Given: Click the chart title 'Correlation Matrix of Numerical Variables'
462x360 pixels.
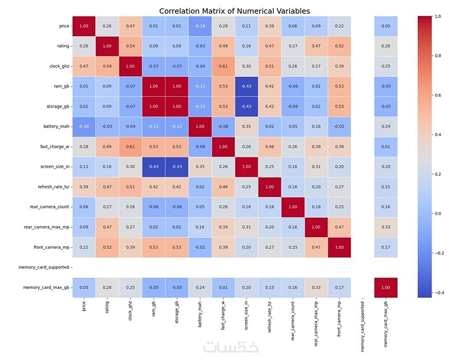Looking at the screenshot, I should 234,11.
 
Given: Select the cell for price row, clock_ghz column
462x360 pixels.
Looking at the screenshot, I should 130,26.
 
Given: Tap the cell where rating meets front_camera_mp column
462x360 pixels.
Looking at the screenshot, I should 341,46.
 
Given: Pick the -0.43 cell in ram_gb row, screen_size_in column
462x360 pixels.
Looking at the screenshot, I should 246,86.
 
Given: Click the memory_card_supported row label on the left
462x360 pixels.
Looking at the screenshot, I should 45,267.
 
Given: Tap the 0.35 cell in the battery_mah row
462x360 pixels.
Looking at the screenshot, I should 246,126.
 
